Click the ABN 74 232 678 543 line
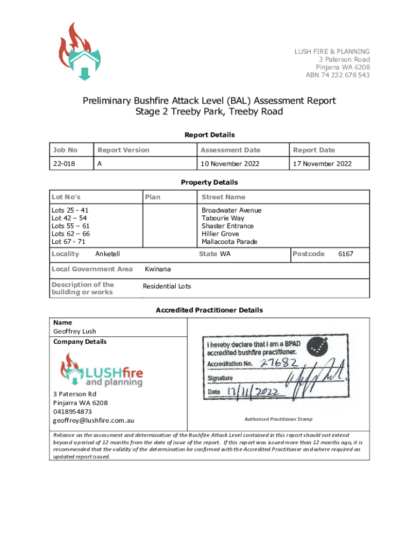click(338, 75)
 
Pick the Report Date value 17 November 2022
click(322, 164)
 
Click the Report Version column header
click(123, 150)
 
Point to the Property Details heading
click(209, 182)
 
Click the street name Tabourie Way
click(223, 218)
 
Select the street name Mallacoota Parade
click(229, 242)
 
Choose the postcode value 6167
click(345, 254)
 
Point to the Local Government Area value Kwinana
click(158, 269)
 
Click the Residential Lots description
click(167, 286)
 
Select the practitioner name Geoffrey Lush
click(75, 331)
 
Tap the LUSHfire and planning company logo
click(102, 371)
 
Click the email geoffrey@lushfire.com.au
click(94, 420)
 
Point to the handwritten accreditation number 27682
click(279, 363)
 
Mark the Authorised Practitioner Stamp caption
click(278, 419)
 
